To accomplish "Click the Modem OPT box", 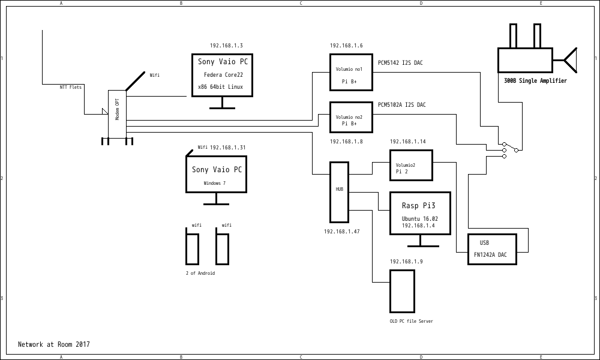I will point(117,113).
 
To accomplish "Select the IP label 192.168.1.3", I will point(226,46).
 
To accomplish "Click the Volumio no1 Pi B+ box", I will point(351,72).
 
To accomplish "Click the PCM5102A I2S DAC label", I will point(401,105).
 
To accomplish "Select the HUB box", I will point(339,192).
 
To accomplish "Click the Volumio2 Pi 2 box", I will point(411,165).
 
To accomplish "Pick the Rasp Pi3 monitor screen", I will point(420,213).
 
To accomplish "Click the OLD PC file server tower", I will point(402,291).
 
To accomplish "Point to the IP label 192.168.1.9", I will point(406,262).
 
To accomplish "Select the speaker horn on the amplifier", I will point(570,60).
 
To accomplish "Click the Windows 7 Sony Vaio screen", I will point(216,174).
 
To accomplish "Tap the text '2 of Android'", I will point(200,273).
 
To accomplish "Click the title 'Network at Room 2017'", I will point(54,344).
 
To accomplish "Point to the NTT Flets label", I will point(71,87).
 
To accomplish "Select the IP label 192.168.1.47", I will point(342,232).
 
